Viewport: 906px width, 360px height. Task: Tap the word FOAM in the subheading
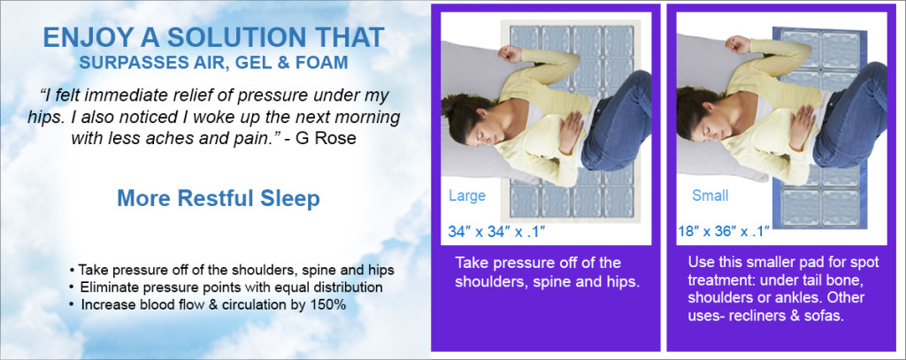pos(326,63)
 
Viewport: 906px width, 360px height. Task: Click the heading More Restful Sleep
pos(219,198)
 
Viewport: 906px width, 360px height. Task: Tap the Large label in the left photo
pos(467,195)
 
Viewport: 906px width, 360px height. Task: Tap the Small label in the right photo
pos(710,195)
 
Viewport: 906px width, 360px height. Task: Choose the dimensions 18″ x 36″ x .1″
pos(724,232)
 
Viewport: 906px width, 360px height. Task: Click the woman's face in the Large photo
pos(477,124)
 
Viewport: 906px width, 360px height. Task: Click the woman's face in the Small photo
pos(711,124)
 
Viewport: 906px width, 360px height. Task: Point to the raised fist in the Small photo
pos(737,44)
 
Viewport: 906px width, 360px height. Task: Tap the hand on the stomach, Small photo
pos(802,128)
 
